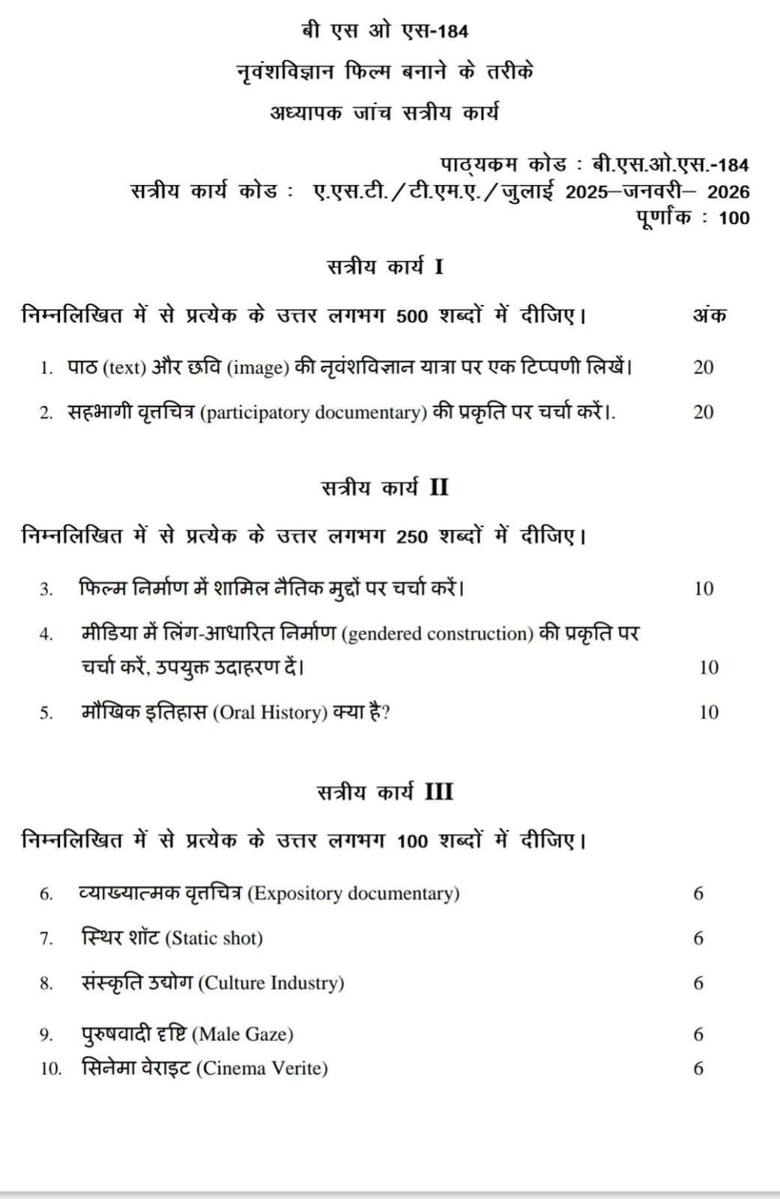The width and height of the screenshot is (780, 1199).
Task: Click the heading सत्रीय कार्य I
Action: point(385,267)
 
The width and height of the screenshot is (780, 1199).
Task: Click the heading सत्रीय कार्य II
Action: point(385,488)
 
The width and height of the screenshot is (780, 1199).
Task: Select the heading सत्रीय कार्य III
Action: point(385,792)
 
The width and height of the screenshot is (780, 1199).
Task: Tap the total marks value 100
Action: point(734,218)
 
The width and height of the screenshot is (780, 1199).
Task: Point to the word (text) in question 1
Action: point(124,368)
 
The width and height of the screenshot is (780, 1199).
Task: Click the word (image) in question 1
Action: point(258,368)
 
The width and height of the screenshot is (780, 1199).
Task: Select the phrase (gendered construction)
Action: point(437,634)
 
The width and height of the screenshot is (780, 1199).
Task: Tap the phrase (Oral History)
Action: point(270,713)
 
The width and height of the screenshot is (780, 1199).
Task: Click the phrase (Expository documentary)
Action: point(353,893)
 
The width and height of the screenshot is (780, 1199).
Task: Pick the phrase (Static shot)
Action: point(214,938)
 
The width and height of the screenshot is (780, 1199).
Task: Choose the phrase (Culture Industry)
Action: point(270,983)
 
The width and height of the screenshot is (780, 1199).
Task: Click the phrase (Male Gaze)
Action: point(243,1035)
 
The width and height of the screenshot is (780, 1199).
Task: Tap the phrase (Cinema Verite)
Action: point(261,1069)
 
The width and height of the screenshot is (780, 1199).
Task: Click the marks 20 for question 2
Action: point(703,412)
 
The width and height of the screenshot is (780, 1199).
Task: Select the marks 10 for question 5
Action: point(708,713)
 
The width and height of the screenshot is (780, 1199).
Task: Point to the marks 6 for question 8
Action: point(698,983)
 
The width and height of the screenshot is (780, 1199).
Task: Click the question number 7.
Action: point(46,939)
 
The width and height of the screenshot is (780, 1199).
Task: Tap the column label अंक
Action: point(708,315)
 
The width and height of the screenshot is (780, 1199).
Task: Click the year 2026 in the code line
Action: point(728,192)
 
